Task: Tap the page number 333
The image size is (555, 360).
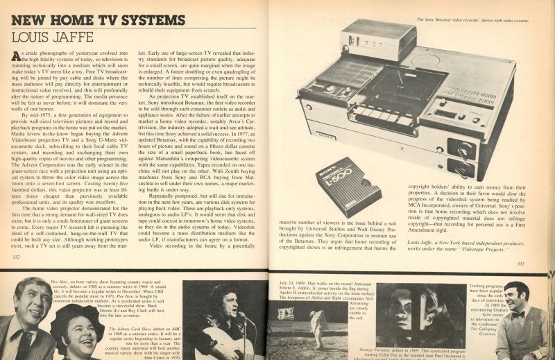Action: point(536,263)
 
